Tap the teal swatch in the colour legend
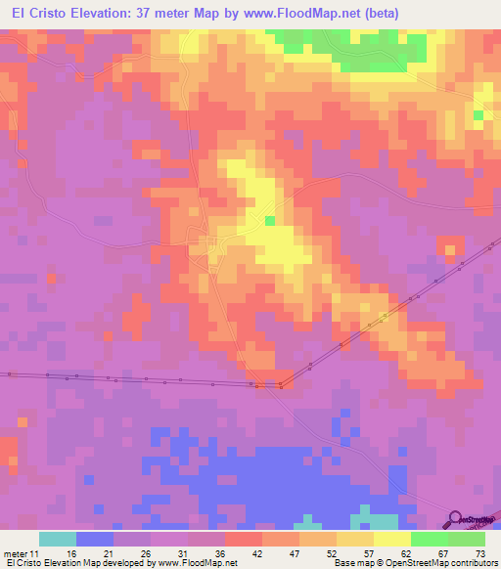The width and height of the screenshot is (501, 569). (58, 540)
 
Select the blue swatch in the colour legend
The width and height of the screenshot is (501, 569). (95, 540)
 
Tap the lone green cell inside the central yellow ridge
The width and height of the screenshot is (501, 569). (269, 221)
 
